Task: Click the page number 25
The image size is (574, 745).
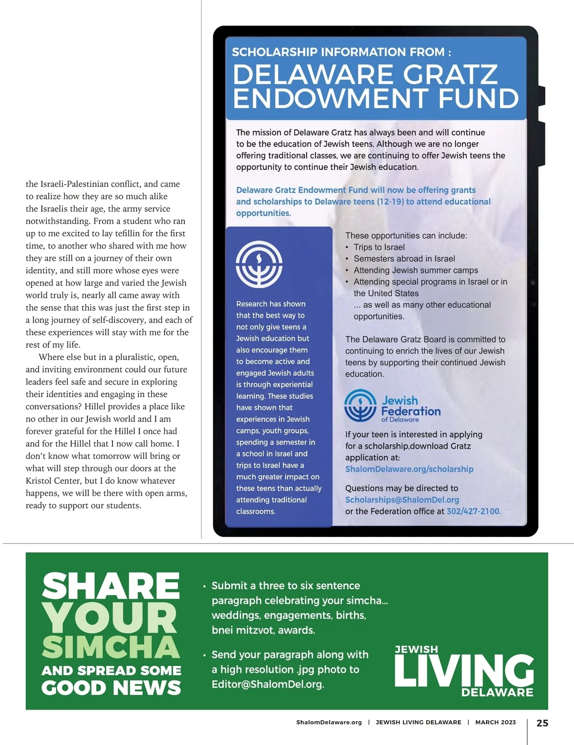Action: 542,723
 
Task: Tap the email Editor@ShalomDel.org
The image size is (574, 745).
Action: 267,684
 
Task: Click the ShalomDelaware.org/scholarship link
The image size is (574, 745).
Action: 409,469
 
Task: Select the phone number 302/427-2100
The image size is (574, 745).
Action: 473,511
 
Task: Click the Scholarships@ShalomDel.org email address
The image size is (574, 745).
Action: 402,500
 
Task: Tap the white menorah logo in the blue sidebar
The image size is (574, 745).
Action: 259,264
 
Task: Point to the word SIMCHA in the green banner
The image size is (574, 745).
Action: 110,647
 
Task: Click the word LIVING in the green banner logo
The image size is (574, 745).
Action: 464,670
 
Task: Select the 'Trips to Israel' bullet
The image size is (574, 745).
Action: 379,247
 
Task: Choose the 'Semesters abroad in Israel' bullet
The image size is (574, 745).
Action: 404,259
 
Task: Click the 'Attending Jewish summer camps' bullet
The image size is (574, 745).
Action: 416,270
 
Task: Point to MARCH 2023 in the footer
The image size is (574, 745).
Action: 495,723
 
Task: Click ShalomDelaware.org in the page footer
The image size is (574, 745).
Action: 329,723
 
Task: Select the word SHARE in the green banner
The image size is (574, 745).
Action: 110,586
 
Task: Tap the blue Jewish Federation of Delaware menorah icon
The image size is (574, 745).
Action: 361,405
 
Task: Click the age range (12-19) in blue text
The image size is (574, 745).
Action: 390,202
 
